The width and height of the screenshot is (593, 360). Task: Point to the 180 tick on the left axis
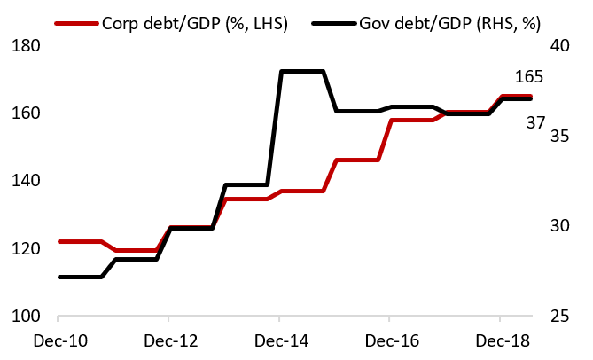point(28,45)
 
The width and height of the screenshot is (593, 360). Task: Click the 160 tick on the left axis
point(28,113)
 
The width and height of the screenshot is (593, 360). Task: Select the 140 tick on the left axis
point(28,181)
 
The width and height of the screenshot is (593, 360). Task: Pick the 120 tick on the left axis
point(28,248)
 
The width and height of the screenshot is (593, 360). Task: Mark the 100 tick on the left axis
point(28,317)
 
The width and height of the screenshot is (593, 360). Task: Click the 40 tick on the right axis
point(565,45)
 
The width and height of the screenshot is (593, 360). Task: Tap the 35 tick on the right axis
point(565,136)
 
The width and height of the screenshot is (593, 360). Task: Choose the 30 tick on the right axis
point(565,225)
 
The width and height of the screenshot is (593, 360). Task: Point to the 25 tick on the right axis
point(565,317)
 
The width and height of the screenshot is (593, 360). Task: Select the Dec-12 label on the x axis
point(168,340)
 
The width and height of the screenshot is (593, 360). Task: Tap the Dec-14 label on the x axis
point(279,340)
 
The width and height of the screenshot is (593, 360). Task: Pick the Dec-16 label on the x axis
point(390,340)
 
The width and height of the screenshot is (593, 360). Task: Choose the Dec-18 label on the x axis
point(501,340)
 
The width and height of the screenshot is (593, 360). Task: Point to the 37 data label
point(536,122)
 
